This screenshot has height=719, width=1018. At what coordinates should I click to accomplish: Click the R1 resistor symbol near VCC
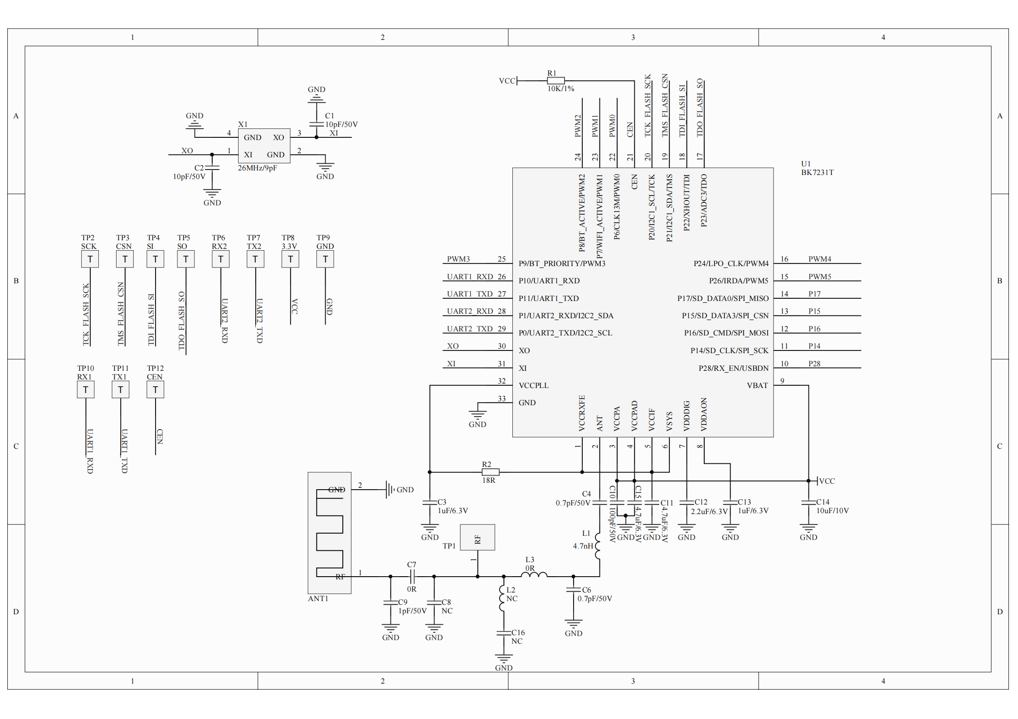(x=555, y=81)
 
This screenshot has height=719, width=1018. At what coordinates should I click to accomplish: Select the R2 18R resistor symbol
(x=490, y=472)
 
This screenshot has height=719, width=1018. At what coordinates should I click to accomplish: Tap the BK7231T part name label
(x=817, y=172)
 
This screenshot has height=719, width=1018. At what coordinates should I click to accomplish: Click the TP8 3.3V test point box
(x=290, y=259)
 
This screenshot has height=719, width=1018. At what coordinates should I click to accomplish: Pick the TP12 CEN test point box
(x=155, y=389)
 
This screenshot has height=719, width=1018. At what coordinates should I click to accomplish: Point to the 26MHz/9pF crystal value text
(x=257, y=168)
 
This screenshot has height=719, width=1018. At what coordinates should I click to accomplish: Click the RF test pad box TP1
(x=477, y=538)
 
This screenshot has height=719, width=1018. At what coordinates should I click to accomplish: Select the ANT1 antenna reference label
(x=318, y=598)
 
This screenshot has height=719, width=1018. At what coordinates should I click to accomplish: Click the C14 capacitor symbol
(x=808, y=502)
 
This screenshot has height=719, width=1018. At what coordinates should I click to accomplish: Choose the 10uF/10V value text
(x=833, y=510)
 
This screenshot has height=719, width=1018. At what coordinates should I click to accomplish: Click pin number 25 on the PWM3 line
(x=502, y=259)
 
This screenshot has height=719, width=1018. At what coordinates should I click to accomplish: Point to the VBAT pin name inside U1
(x=757, y=385)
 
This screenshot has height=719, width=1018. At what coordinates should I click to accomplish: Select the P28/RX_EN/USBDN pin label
(x=733, y=368)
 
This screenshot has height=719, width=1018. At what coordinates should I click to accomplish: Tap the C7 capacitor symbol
(x=412, y=577)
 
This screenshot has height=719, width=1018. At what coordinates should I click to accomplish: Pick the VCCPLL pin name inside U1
(x=533, y=385)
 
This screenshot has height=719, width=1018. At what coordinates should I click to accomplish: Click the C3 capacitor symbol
(x=429, y=502)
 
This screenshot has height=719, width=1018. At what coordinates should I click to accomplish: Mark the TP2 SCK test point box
(x=90, y=259)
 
